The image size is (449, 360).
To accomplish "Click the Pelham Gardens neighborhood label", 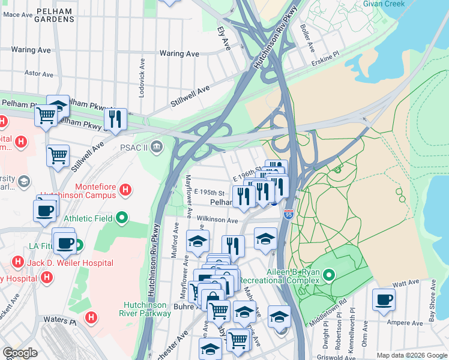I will (54, 15).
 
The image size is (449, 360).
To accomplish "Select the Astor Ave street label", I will (38, 74).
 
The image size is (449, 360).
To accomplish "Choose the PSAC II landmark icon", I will (157, 146).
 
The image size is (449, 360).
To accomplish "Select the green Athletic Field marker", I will (122, 218).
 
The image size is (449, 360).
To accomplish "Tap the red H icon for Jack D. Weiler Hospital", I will (18, 263).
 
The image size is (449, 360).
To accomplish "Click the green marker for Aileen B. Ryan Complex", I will (328, 275).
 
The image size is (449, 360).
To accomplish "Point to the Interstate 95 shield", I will (289, 214).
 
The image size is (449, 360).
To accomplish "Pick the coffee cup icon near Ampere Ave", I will (384, 299).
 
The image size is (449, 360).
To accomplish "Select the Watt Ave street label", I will (406, 282).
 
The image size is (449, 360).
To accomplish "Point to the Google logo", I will (20, 353).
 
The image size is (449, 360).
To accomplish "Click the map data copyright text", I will (412, 355).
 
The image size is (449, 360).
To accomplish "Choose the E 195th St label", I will (209, 193).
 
